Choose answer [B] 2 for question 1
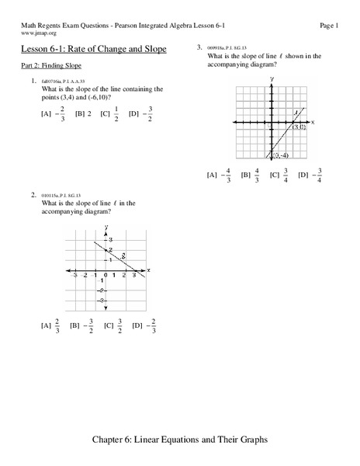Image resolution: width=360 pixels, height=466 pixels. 83,114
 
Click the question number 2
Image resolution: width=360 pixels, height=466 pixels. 33,193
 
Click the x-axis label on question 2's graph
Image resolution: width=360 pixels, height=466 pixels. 147,270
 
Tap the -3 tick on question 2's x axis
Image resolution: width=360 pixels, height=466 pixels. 74,276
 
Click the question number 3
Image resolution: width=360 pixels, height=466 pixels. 199,47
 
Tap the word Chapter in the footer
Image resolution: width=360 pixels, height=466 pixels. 140,440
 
